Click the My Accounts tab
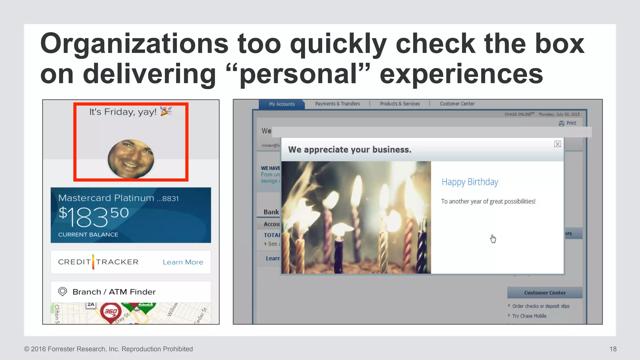coord(282,104)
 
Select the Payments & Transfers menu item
coord(337,104)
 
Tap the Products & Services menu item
coord(400,104)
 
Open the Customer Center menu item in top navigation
coord(457,104)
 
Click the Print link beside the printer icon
coord(571,123)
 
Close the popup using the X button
coord(557,144)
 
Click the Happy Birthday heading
coord(470,182)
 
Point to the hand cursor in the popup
coord(493,238)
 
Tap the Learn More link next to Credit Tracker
coord(183,262)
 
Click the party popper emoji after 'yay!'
coord(166,111)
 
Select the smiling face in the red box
coord(131,159)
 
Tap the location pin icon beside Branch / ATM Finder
coord(62,292)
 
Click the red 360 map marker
coord(111,312)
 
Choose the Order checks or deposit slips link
coord(541,306)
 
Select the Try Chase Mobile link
coord(529,316)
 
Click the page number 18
coord(613,349)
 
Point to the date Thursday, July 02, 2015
coord(559,114)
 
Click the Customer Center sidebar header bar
coord(545,293)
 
